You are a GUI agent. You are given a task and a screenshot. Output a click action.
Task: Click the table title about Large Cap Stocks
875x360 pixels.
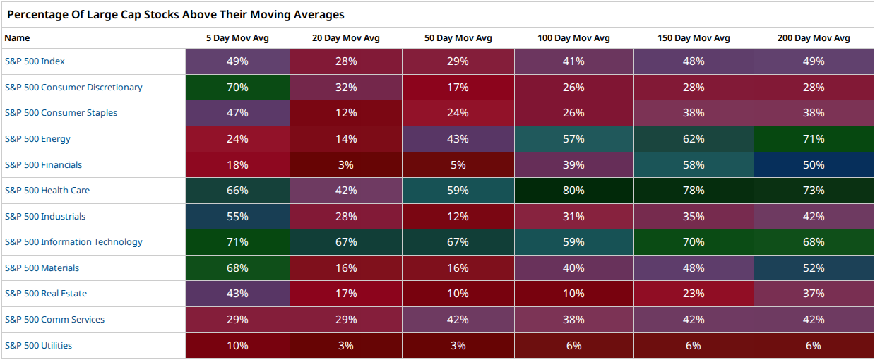tap(176, 15)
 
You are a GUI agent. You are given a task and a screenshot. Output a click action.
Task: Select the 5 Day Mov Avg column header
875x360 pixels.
tap(237, 38)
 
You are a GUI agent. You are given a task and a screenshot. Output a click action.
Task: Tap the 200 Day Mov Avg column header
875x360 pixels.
tap(814, 38)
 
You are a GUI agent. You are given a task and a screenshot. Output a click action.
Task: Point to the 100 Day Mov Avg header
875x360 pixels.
tap(573, 38)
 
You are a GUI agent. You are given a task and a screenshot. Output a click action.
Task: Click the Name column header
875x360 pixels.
tap(17, 38)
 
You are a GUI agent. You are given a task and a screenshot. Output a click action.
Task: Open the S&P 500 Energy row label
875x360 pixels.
tap(37, 139)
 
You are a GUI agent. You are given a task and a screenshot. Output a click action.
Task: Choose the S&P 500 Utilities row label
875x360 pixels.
tap(38, 346)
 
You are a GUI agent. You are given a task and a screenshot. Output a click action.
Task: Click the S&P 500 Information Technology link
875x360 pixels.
tap(73, 242)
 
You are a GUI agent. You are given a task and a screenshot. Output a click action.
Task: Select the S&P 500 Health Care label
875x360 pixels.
tap(47, 191)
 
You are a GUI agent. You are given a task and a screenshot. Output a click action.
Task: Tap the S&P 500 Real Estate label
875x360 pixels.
tap(46, 294)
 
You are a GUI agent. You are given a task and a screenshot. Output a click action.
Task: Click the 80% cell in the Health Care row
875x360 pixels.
tap(574, 191)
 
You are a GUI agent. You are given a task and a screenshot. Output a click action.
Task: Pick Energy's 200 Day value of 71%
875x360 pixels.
tap(814, 139)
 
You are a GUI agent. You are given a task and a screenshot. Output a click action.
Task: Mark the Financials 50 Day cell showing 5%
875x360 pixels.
tap(458, 164)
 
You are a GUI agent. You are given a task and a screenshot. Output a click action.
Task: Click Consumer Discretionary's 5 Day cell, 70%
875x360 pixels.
tap(237, 87)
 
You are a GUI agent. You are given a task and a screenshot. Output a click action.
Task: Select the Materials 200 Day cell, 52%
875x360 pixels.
tap(814, 268)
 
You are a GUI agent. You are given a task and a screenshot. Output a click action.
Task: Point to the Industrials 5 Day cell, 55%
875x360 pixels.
tap(237, 216)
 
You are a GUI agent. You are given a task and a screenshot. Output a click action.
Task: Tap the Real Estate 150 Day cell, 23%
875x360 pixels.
tap(694, 294)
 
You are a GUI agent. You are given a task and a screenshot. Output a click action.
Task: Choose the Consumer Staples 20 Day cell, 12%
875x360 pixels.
tap(346, 113)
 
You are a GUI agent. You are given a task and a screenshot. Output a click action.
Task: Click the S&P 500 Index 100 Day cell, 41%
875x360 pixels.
tap(574, 61)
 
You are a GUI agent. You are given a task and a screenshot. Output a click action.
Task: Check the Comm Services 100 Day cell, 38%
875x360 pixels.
tap(574, 320)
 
